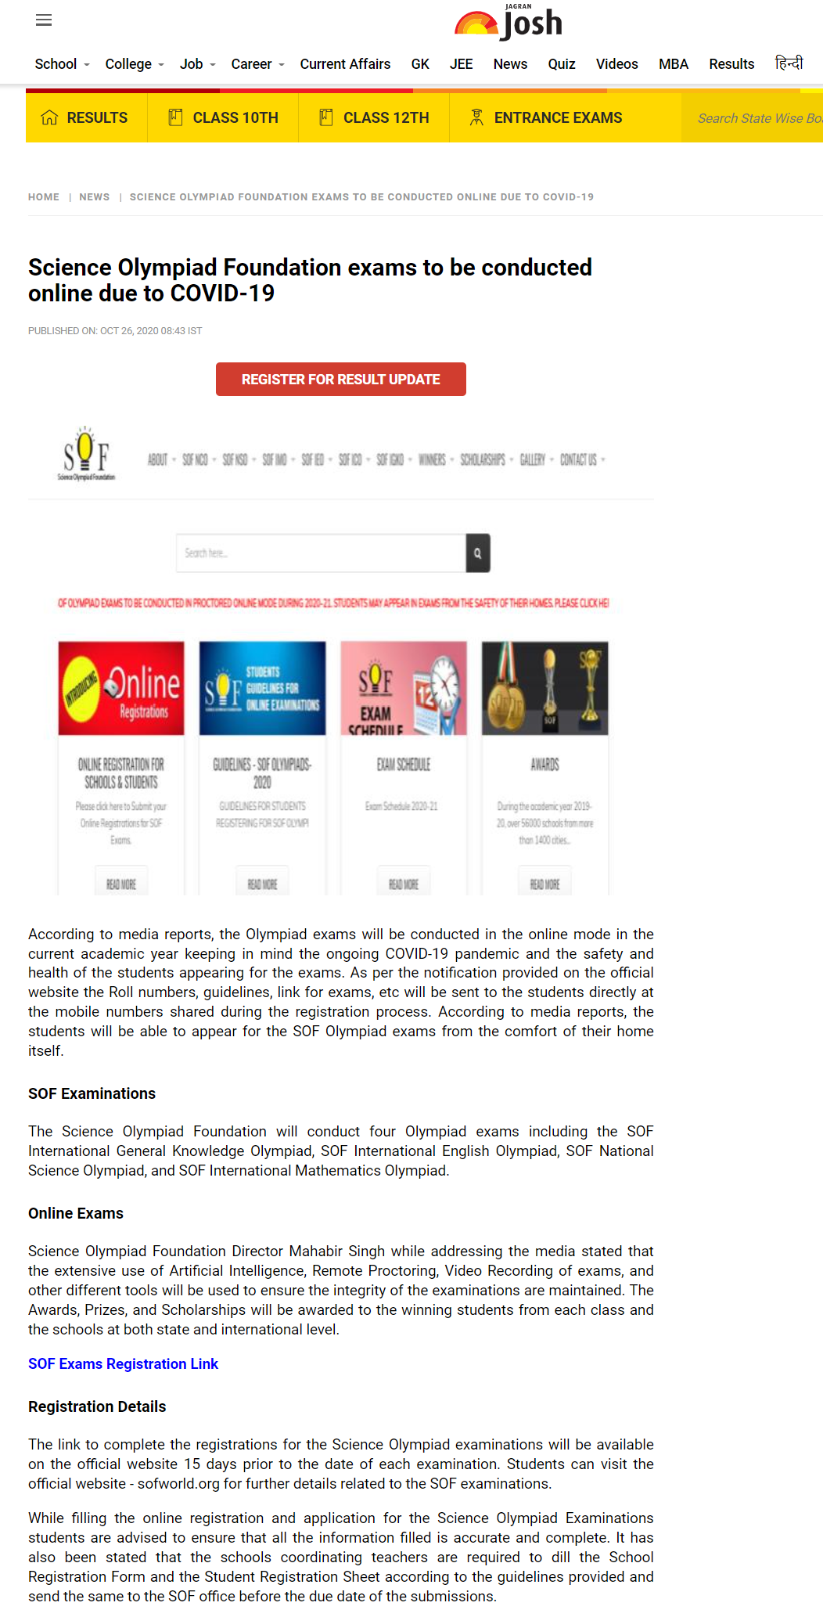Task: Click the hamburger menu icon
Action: pyautogui.click(x=44, y=20)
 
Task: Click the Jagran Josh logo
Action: pyautogui.click(x=509, y=23)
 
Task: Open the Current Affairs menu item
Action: pyautogui.click(x=345, y=64)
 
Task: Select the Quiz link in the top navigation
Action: pyautogui.click(x=561, y=64)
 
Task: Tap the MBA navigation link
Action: pyautogui.click(x=673, y=64)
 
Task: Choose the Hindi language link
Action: pyautogui.click(x=789, y=63)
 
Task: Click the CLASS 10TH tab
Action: pyautogui.click(x=224, y=117)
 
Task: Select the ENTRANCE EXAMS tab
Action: pyautogui.click(x=545, y=117)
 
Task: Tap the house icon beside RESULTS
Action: pyautogui.click(x=49, y=117)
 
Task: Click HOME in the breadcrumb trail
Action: pyautogui.click(x=44, y=197)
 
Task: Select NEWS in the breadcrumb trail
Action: pyautogui.click(x=94, y=197)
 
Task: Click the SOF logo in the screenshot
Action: pyautogui.click(x=86, y=454)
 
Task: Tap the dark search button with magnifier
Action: pyautogui.click(x=477, y=553)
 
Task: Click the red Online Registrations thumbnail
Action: pyautogui.click(x=121, y=688)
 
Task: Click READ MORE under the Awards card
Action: pyautogui.click(x=544, y=884)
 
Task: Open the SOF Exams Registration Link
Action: pyautogui.click(x=123, y=1363)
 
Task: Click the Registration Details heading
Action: pyautogui.click(x=97, y=1406)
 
